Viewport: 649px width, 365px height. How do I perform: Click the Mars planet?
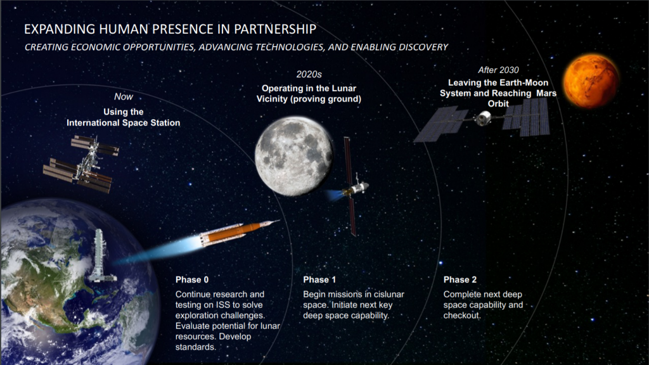[x=591, y=81]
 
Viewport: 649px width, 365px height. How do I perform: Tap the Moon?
[x=294, y=156]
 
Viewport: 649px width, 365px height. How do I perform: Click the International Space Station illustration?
[x=81, y=163]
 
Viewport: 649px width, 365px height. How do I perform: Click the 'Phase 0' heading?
[x=192, y=279]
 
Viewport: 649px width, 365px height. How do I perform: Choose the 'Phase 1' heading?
[x=319, y=279]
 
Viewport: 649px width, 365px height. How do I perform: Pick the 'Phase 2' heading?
[x=460, y=279]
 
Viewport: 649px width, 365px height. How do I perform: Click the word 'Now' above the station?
[x=124, y=97]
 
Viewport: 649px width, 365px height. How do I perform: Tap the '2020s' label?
[x=309, y=75]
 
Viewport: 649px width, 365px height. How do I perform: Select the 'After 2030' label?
[x=498, y=70]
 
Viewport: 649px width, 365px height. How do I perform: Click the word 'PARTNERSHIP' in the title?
[x=275, y=29]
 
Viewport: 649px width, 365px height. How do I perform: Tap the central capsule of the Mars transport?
[x=482, y=118]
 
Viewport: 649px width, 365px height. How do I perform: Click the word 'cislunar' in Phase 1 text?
[x=389, y=294]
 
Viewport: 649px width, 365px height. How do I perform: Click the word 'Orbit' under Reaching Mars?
[x=498, y=104]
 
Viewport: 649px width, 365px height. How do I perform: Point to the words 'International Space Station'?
[x=124, y=123]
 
